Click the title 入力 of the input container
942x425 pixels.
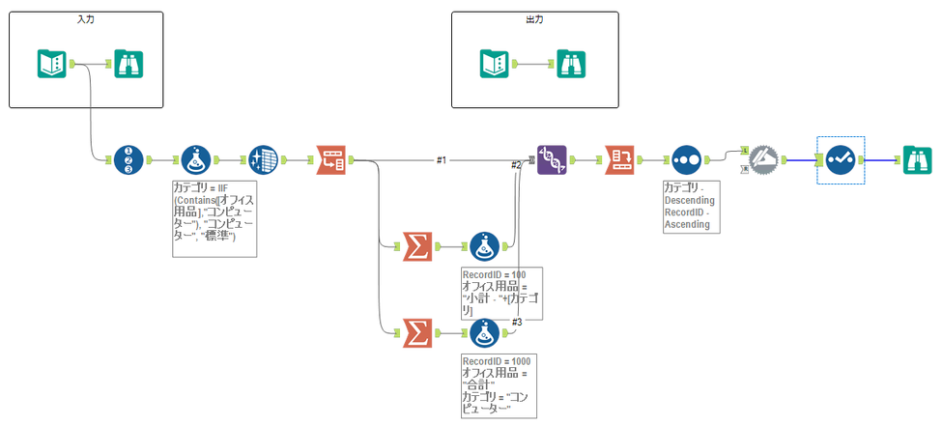[x=86, y=19]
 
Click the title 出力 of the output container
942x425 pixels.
[x=533, y=19]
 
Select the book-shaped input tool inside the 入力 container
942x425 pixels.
[x=52, y=64]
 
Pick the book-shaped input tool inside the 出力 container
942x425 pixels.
[x=495, y=64]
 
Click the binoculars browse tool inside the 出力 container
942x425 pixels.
[x=570, y=64]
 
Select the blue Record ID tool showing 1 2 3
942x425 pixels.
[x=128, y=159]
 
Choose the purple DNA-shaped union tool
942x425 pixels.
[x=552, y=159]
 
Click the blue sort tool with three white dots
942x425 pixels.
[x=686, y=159]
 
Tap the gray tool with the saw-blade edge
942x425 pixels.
[x=764, y=159]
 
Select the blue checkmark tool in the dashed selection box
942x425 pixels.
[x=840, y=159]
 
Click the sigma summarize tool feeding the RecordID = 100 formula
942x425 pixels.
[x=415, y=247]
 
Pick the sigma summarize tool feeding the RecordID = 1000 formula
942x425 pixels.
[x=415, y=334]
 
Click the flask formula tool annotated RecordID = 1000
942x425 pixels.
[x=483, y=334]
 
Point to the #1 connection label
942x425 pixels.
[x=441, y=160]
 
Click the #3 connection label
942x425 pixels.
[x=517, y=321]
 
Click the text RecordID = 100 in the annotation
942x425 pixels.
[x=495, y=275]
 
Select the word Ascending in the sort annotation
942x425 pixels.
[x=687, y=224]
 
